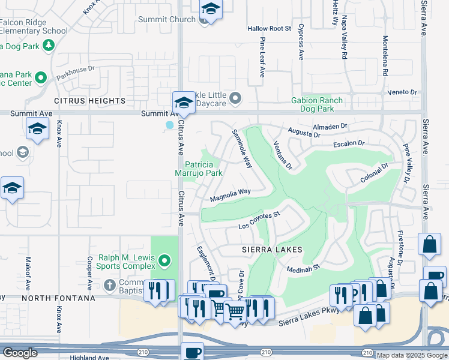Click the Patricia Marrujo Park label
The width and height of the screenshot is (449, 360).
coord(203,169)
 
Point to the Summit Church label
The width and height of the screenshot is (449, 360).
coord(167,19)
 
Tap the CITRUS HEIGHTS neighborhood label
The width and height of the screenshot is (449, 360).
coord(89,101)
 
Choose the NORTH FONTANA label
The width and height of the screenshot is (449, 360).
coord(59,298)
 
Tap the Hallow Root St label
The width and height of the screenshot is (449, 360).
coord(269,28)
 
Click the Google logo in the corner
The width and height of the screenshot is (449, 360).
coord(20,353)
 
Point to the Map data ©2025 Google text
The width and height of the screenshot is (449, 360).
coord(411,355)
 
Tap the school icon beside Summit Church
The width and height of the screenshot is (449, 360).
coord(211,9)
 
